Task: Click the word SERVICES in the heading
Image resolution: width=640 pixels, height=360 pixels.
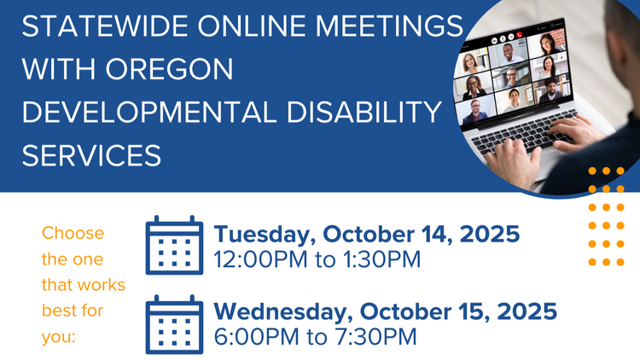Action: coord(91,154)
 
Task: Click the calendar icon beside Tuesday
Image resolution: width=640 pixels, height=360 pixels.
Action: coord(174,246)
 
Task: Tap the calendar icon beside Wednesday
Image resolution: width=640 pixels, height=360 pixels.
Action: coord(174,324)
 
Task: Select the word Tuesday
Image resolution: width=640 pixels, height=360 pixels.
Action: coord(265,233)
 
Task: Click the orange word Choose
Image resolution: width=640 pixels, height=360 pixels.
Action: coord(73,233)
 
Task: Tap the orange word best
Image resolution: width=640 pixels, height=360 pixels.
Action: coord(61,311)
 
